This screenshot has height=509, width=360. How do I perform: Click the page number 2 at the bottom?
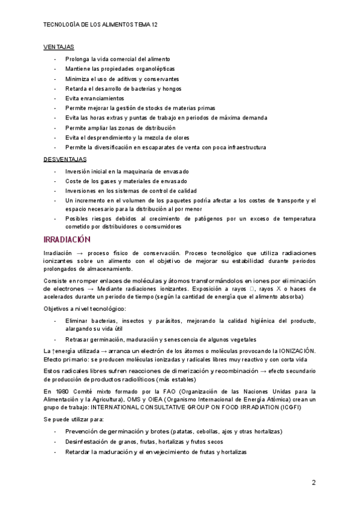coord(313,483)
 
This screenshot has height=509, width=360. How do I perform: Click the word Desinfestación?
coord(88,442)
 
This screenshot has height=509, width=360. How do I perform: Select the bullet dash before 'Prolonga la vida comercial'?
coord(55,59)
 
